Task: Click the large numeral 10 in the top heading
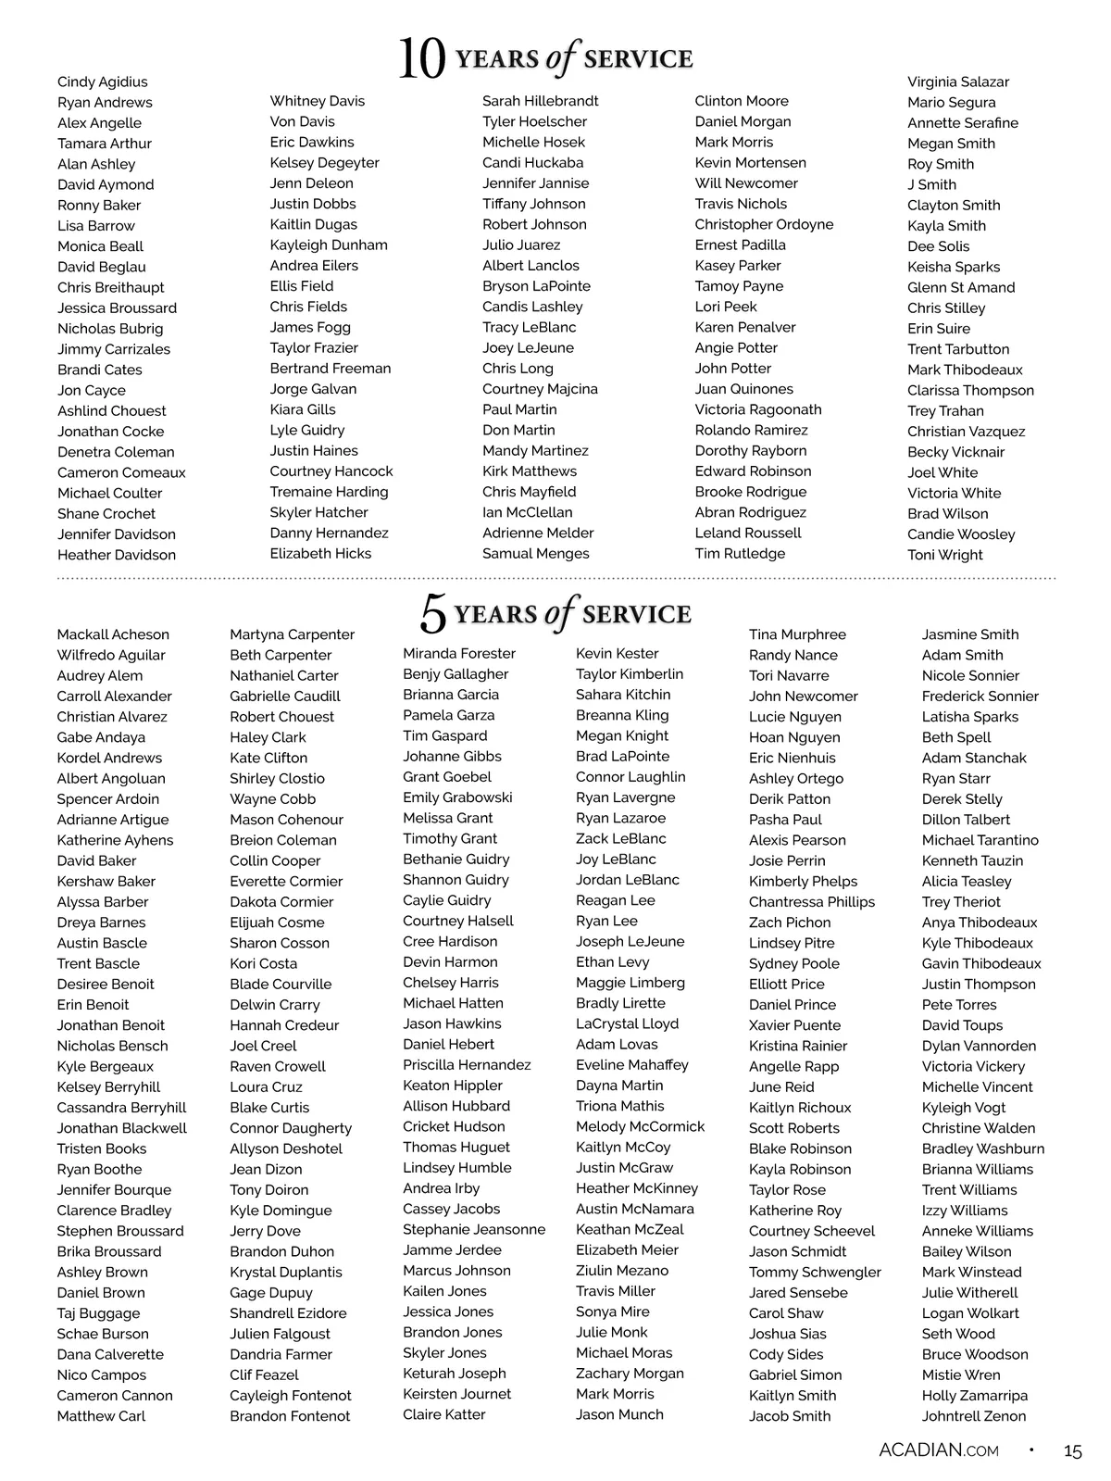pos(421,59)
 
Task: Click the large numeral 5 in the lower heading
pos(433,613)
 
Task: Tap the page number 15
pos(1072,1451)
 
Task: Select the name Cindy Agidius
pos(102,82)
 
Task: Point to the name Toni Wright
pos(944,555)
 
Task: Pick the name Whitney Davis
pos(317,101)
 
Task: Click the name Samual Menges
pos(535,553)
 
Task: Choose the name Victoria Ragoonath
pos(757,409)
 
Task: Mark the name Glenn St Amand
pos(960,287)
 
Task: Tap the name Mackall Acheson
pos(113,634)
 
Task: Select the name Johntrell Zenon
pos(973,1416)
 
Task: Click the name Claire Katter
pos(443,1414)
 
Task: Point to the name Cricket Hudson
pos(454,1126)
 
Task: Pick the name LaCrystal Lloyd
pos(627,1023)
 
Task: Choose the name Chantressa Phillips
pos(811,901)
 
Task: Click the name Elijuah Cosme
pos(277,922)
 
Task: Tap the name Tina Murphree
pos(797,634)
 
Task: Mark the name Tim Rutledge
pos(740,553)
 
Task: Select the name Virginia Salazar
pos(957,82)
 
